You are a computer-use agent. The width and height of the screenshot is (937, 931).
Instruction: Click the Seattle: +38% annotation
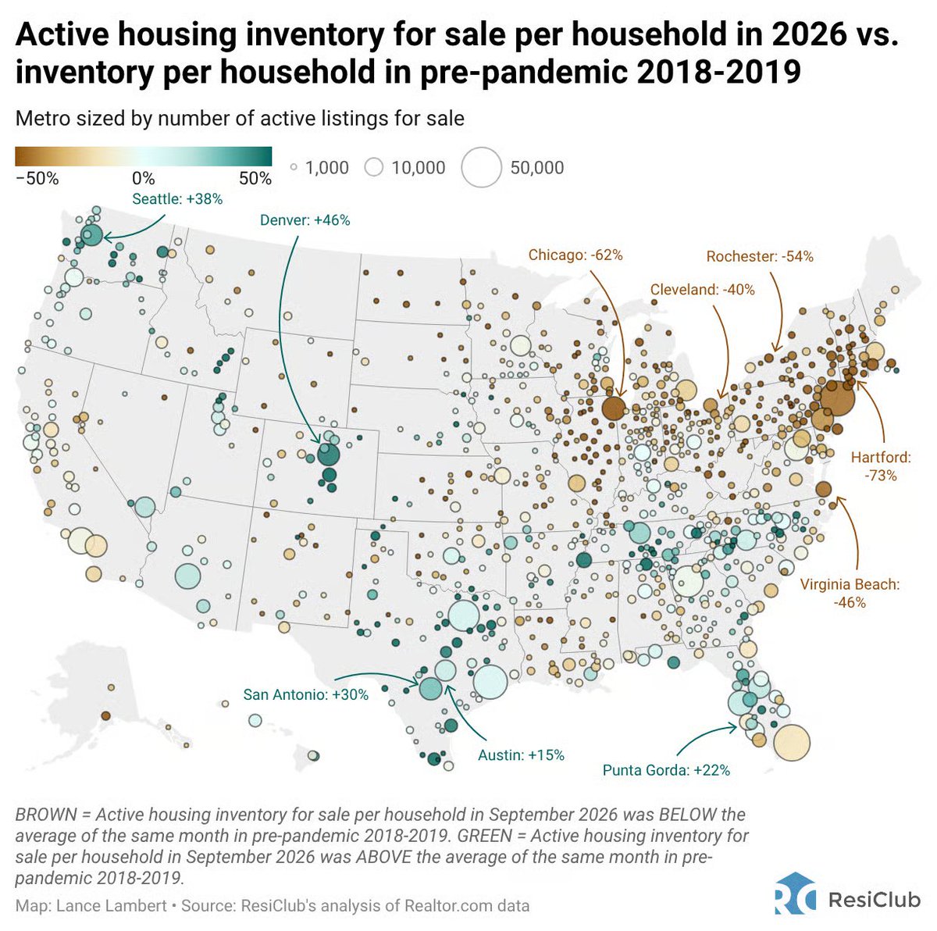pos(177,199)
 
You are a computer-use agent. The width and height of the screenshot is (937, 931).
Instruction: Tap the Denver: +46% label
pos(305,219)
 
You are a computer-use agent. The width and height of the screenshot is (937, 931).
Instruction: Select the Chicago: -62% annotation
pos(575,255)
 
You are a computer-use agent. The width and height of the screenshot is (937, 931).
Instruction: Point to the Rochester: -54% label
pos(760,256)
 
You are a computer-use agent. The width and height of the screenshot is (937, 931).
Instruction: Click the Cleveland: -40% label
pos(702,290)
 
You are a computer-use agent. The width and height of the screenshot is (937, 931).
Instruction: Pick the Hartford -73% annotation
pos(881,466)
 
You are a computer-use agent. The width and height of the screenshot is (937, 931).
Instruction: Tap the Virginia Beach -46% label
pos(850,593)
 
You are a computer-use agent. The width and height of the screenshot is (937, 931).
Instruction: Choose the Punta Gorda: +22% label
pos(666,769)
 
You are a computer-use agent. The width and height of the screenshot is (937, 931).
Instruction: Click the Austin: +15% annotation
pos(521,754)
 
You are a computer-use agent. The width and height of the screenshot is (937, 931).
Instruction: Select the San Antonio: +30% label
pos(305,694)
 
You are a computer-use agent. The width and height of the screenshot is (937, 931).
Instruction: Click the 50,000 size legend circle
pos(481,167)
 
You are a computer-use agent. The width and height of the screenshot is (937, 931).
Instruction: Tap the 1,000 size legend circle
pos(294,167)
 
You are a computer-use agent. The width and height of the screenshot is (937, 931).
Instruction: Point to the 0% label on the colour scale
pos(143,179)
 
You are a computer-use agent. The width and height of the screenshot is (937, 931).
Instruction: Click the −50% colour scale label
pos(37,179)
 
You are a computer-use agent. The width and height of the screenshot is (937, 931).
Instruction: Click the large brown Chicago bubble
pos(614,408)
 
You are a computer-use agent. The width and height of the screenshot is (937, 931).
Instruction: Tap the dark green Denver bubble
pos(328,455)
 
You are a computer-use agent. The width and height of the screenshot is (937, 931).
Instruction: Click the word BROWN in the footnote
pos(46,815)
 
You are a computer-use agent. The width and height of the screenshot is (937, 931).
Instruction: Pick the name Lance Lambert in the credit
pos(112,906)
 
